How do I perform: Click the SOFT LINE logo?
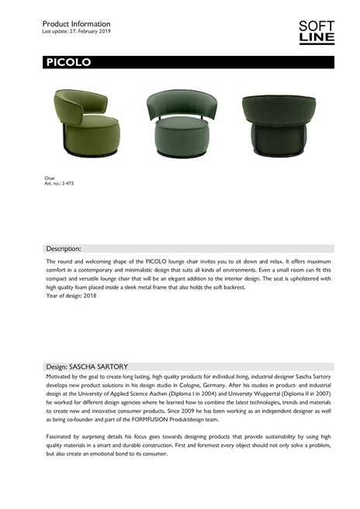click(x=316, y=32)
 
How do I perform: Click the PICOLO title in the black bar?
click(x=68, y=63)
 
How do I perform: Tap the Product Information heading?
click(x=76, y=24)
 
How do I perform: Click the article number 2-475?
click(x=59, y=183)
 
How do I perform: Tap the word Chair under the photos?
click(x=50, y=178)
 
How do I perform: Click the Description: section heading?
click(x=64, y=249)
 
